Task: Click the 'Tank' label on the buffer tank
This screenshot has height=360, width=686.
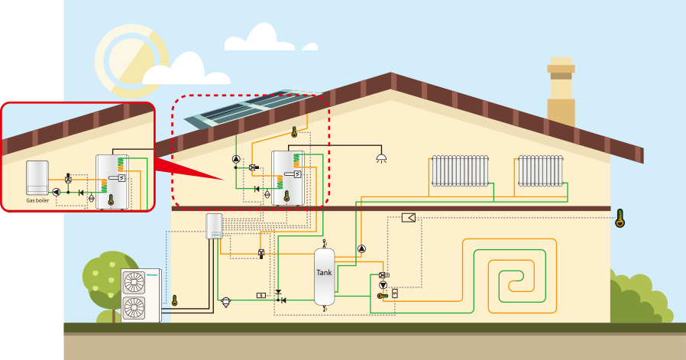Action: pyautogui.click(x=325, y=272)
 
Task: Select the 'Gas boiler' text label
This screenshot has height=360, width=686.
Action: pyautogui.click(x=37, y=200)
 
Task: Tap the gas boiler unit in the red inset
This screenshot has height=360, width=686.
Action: pyautogui.click(x=37, y=178)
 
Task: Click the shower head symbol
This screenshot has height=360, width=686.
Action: pyautogui.click(x=381, y=158)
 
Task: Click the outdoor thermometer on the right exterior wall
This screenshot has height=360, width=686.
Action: pyautogui.click(x=620, y=219)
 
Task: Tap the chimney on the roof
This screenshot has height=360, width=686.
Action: pyautogui.click(x=561, y=92)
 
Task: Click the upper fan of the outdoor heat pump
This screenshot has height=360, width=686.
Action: pyautogui.click(x=134, y=283)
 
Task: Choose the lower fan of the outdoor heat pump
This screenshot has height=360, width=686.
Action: pyautogui.click(x=134, y=308)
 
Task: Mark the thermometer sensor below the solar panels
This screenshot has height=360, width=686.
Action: pyautogui.click(x=294, y=132)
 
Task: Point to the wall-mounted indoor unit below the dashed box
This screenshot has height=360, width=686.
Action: pyautogui.click(x=214, y=225)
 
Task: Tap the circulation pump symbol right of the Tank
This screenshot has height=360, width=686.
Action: pyautogui.click(x=361, y=248)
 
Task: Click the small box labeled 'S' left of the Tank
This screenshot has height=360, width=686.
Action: pyautogui.click(x=261, y=295)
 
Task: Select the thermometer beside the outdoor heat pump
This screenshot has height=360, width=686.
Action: pyautogui.click(x=174, y=300)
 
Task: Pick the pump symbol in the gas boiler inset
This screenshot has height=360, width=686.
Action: pyautogui.click(x=57, y=193)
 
